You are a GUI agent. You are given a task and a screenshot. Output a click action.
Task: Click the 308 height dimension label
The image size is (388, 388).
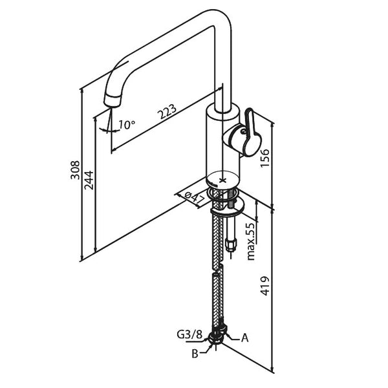(x=76, y=169)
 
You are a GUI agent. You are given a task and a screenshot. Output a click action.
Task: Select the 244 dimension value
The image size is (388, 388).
(x=89, y=180)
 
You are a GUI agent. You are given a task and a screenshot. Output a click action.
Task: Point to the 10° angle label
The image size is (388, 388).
(x=127, y=124)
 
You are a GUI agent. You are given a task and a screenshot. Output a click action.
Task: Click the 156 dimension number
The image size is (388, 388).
(x=264, y=157)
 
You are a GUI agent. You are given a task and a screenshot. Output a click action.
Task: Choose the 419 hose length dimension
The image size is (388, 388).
(x=265, y=285)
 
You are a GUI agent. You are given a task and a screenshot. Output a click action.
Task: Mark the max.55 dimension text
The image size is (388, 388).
(x=251, y=240)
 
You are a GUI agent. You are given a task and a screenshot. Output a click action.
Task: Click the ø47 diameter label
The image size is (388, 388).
(x=194, y=197)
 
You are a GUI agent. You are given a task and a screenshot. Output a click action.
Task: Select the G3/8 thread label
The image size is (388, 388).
(x=189, y=335)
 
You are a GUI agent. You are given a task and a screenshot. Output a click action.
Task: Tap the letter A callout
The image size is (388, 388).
(x=245, y=337)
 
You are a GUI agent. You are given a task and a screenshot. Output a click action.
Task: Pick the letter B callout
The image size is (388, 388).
(x=194, y=353)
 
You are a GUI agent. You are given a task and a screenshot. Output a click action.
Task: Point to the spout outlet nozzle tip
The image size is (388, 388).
(x=113, y=101)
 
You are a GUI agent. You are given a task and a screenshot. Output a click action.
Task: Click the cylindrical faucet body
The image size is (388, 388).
(x=222, y=145)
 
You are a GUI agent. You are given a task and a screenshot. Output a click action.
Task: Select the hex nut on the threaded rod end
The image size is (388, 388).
(x=232, y=245)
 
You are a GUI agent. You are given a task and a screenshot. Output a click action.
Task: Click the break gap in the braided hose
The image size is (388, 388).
(x=217, y=268)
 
